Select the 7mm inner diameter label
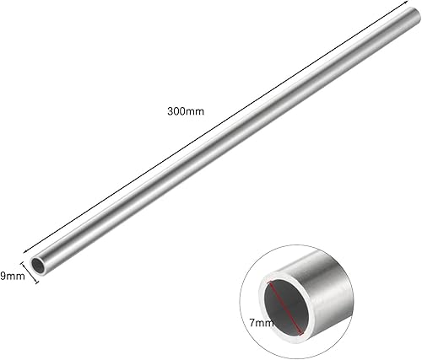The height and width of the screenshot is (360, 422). click(x=262, y=322)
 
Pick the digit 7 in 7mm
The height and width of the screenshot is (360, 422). click(x=253, y=322)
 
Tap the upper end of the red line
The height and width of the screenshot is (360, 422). click(x=268, y=281)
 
